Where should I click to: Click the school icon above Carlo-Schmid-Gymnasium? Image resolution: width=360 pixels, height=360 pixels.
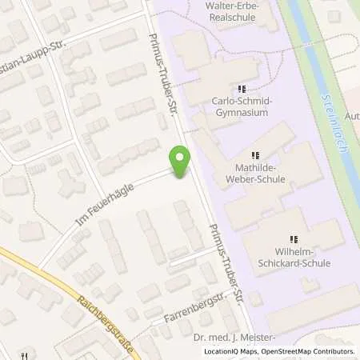point(242,88)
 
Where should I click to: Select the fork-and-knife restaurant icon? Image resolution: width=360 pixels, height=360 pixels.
point(26,354)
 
